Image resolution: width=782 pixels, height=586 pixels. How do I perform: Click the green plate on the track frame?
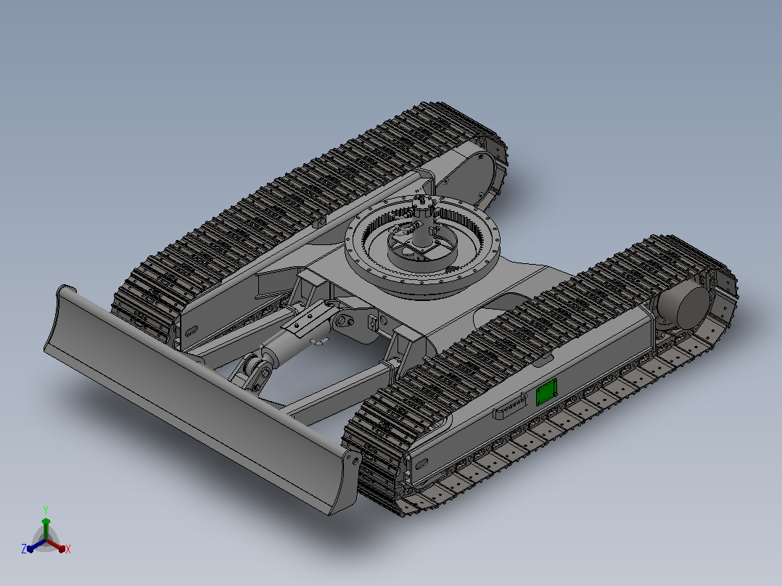click(x=546, y=392)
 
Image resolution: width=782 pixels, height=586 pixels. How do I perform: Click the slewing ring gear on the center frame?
click(x=422, y=247)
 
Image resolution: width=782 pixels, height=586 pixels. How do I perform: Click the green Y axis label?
click(x=46, y=511)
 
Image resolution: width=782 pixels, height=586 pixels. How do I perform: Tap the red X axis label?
click(x=68, y=549)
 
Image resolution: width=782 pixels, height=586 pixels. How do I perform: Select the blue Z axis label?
click(x=24, y=549)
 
